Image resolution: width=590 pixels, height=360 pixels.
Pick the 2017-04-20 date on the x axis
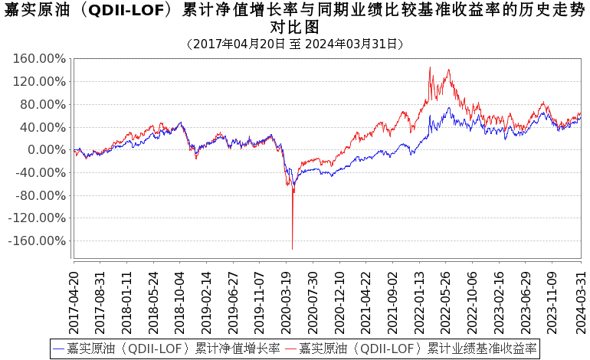[75, 299]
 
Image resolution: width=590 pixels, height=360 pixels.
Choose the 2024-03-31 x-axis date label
[579, 299]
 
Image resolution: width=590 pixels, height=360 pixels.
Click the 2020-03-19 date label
[286, 299]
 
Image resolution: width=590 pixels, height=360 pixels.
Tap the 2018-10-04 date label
[180, 299]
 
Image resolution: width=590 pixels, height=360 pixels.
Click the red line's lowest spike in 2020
[292, 248]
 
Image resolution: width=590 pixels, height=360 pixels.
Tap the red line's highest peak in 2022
[430, 67]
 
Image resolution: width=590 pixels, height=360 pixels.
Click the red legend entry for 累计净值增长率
[166, 349]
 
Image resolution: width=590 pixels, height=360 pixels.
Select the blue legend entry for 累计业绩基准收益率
[411, 349]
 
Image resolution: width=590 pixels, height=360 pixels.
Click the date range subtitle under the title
[294, 44]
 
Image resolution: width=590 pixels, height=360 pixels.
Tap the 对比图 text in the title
[294, 28]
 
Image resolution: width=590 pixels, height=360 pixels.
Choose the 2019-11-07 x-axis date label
[260, 299]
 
